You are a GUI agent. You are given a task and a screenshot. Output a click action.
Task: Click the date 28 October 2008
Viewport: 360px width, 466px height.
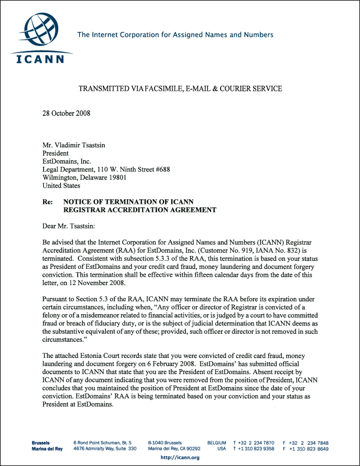[x=67, y=113]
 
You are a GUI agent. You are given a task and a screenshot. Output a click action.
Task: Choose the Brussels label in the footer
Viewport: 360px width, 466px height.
[x=45, y=442]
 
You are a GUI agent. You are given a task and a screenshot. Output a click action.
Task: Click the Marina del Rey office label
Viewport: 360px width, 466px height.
[x=48, y=449]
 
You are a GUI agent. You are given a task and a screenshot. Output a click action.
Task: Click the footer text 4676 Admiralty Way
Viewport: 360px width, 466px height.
[x=95, y=449]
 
